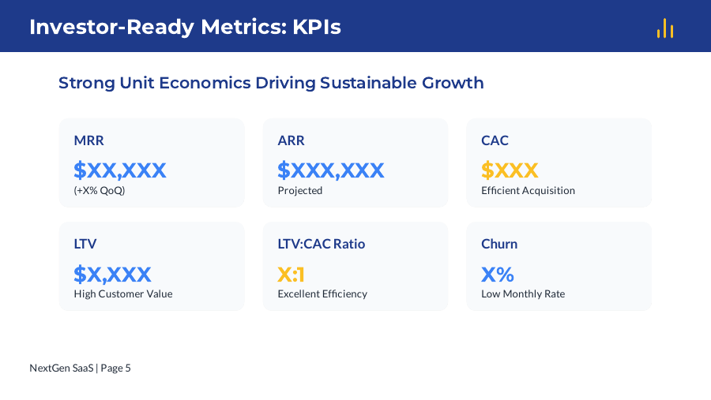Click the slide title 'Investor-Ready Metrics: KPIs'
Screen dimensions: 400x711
(x=185, y=27)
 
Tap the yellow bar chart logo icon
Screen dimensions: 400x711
(x=664, y=28)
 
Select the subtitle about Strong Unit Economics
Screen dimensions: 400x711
(x=271, y=83)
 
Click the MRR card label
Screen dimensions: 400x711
(x=88, y=140)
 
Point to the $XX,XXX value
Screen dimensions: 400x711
(x=120, y=170)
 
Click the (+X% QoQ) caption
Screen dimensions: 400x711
(x=100, y=190)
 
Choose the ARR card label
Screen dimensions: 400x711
(x=291, y=140)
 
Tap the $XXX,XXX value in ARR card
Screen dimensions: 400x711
(x=331, y=170)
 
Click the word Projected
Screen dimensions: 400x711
(x=300, y=190)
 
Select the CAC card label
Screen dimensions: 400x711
(x=495, y=140)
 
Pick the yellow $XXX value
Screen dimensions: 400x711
(x=510, y=170)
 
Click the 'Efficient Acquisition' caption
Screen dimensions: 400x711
(x=528, y=190)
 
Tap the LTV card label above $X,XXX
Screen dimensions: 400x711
(x=85, y=244)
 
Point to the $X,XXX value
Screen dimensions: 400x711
(x=112, y=274)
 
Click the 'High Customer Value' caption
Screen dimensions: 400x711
(x=123, y=293)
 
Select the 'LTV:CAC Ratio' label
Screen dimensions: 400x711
(x=322, y=244)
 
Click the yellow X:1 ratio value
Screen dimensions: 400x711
(x=292, y=274)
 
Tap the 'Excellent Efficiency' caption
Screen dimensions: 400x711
(x=322, y=293)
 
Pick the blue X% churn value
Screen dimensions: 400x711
(x=498, y=274)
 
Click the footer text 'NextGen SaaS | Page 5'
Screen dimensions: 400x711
(x=80, y=368)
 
